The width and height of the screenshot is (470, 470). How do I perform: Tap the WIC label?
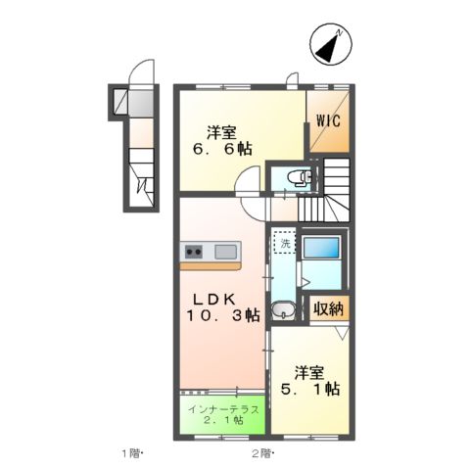tap(327, 122)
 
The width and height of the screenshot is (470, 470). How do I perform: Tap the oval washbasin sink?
tap(284, 311)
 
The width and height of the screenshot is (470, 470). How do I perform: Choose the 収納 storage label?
tap(329, 308)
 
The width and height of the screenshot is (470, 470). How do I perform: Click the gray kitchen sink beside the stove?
tap(224, 251)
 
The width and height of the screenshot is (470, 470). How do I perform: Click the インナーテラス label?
tap(223, 410)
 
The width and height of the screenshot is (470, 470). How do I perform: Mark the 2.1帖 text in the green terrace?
tap(223, 423)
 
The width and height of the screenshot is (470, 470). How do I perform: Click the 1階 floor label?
tap(132, 453)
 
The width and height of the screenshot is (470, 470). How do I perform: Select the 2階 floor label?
tap(261, 453)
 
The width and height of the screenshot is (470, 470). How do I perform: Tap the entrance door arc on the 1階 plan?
tap(143, 73)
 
